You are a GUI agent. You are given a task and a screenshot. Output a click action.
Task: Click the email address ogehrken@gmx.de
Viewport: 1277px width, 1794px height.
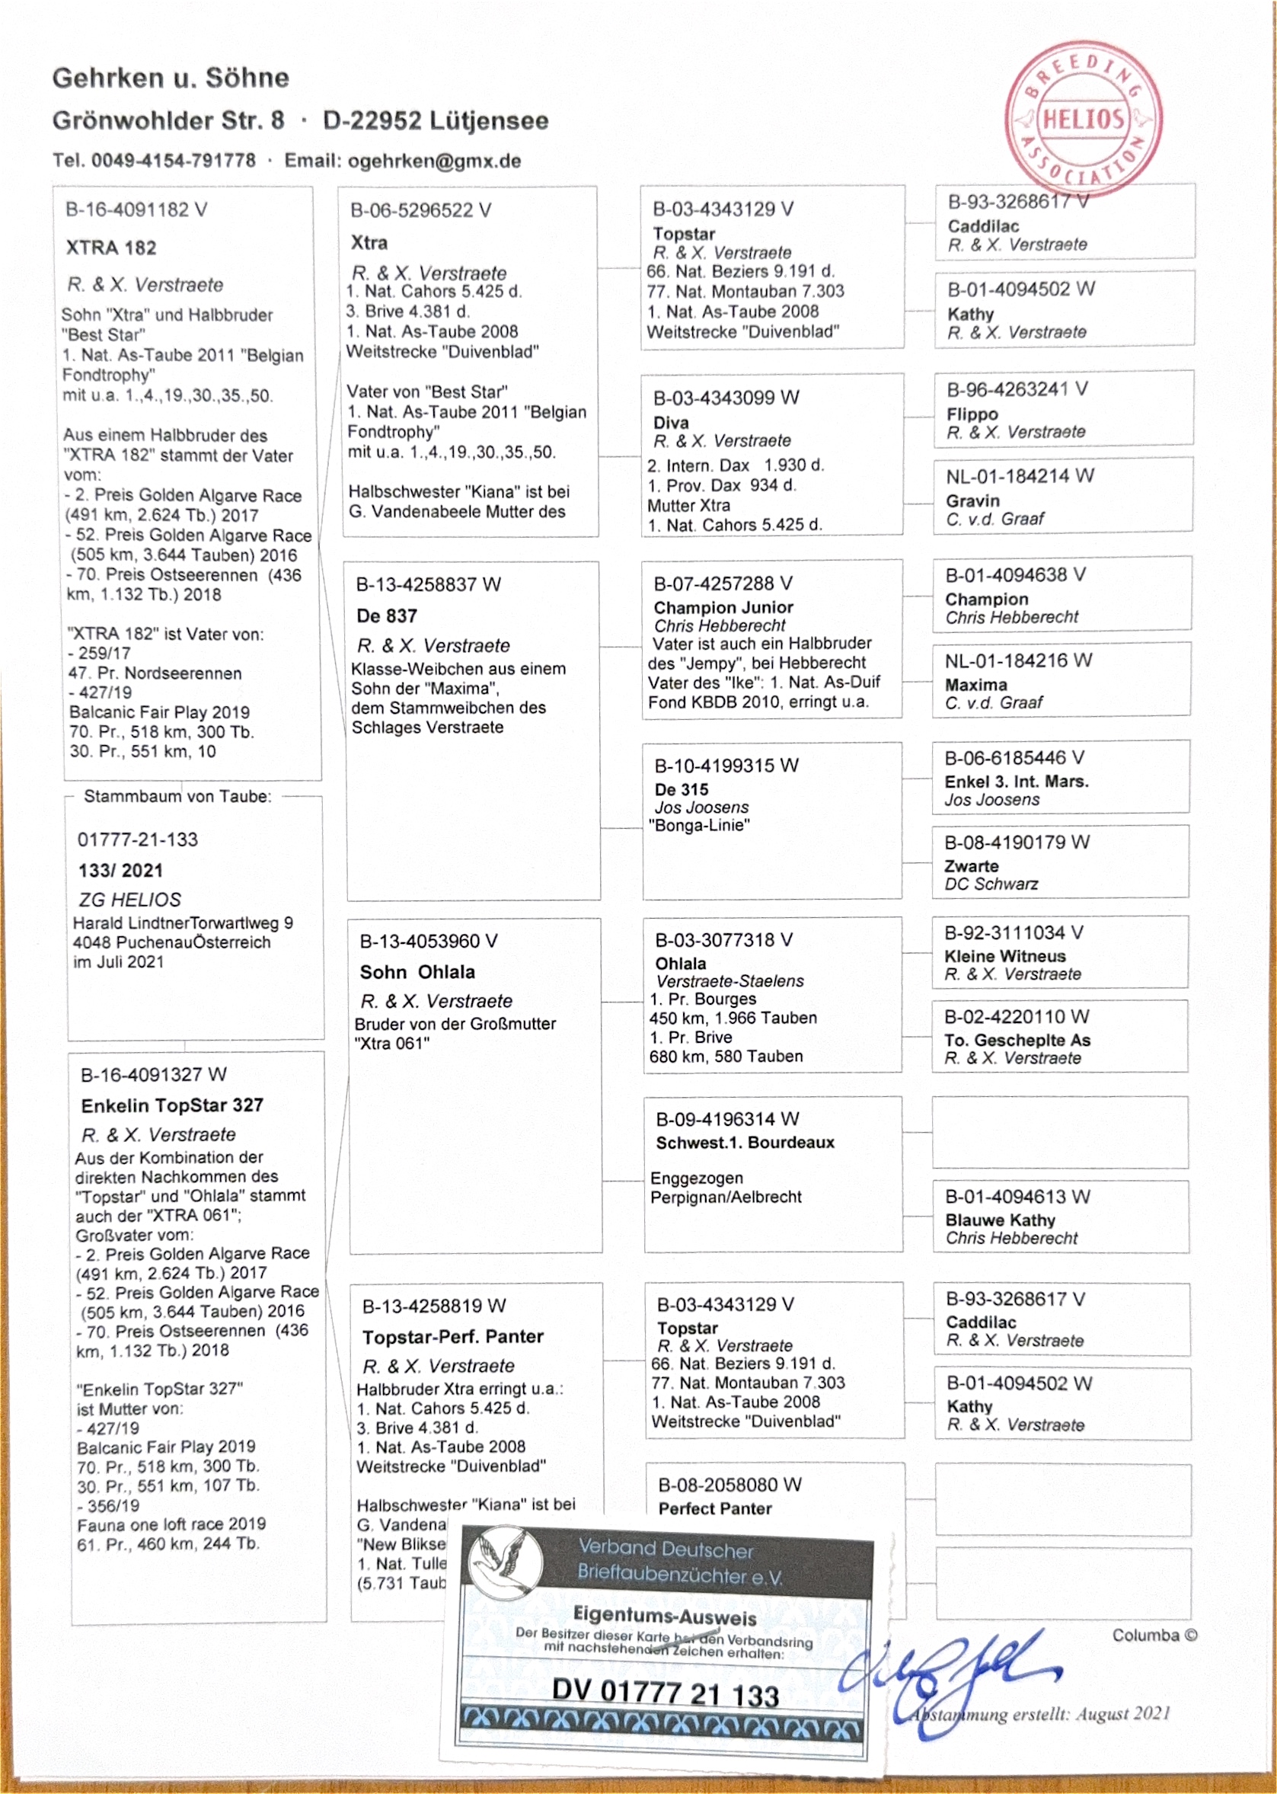coord(434,161)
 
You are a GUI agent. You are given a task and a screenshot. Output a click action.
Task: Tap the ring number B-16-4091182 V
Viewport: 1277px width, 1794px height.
coord(136,210)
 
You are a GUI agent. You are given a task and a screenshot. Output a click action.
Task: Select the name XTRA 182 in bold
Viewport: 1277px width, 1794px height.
coord(111,248)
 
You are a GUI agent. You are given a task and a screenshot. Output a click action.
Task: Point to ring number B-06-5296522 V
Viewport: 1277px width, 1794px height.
coord(420,211)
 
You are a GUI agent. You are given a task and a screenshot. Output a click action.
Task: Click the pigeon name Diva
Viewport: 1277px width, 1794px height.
coord(671,422)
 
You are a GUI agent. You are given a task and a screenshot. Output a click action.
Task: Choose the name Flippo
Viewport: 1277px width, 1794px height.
coord(972,414)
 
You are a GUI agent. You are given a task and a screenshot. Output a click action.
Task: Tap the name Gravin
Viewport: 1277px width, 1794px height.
coord(972,501)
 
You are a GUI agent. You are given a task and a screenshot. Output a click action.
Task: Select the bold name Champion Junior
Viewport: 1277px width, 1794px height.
coord(723,607)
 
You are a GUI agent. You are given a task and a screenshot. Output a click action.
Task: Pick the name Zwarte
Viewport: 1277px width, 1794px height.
coord(971,866)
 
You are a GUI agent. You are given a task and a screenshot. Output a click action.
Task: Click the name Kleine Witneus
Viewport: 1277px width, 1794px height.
coord(1005,956)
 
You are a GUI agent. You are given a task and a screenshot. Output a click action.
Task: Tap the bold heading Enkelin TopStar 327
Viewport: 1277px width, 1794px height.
coord(172,1105)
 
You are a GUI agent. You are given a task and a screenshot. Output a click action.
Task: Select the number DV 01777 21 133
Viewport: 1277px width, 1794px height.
coord(666,1693)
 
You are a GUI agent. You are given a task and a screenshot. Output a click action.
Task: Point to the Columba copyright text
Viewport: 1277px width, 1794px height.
coord(1154,1636)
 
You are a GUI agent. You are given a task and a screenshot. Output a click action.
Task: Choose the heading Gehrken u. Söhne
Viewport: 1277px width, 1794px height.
coord(171,78)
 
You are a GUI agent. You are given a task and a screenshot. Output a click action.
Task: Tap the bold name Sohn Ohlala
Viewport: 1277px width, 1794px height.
coord(417,972)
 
